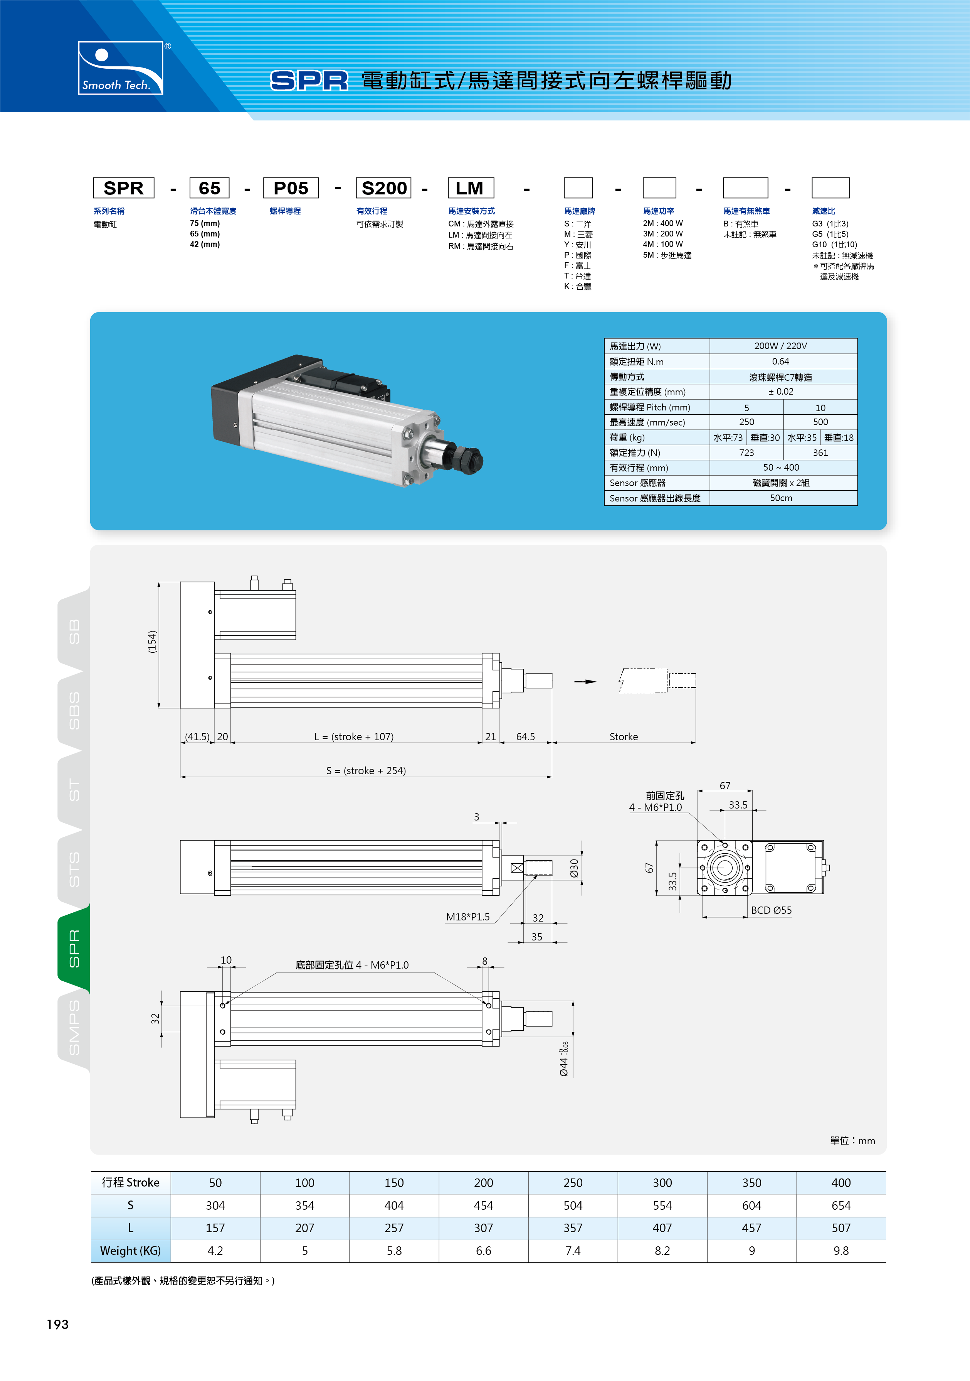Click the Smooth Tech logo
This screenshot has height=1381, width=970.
coord(121,68)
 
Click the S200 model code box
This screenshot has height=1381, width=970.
coord(383,187)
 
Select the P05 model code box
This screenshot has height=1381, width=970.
coord(291,187)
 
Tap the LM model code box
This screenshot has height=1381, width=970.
coord(471,187)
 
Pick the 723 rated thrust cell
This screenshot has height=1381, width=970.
coord(746,453)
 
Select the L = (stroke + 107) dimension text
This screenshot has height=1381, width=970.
coord(354,737)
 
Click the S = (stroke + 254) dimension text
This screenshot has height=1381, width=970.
coord(366,770)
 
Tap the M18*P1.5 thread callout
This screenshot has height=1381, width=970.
coord(467,917)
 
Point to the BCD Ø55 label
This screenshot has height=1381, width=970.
coord(771,910)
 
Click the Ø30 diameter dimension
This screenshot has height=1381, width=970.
coord(574,868)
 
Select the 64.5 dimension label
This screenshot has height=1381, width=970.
coord(525,737)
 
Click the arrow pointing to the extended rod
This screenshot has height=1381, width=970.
coord(585,682)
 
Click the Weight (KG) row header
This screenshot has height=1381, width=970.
coord(130,1251)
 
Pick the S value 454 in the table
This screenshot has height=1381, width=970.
coord(483,1205)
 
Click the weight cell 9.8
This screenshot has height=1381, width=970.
coord(841,1251)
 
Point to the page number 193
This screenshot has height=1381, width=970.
coord(58,1324)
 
